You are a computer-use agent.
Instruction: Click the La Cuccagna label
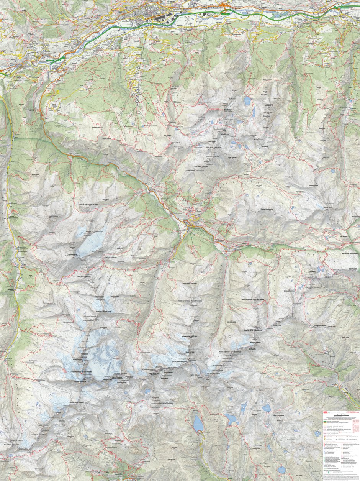[x=36, y=460]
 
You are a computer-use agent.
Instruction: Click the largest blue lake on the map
[x=198, y=424]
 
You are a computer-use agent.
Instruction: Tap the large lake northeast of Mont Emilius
[x=247, y=101]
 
